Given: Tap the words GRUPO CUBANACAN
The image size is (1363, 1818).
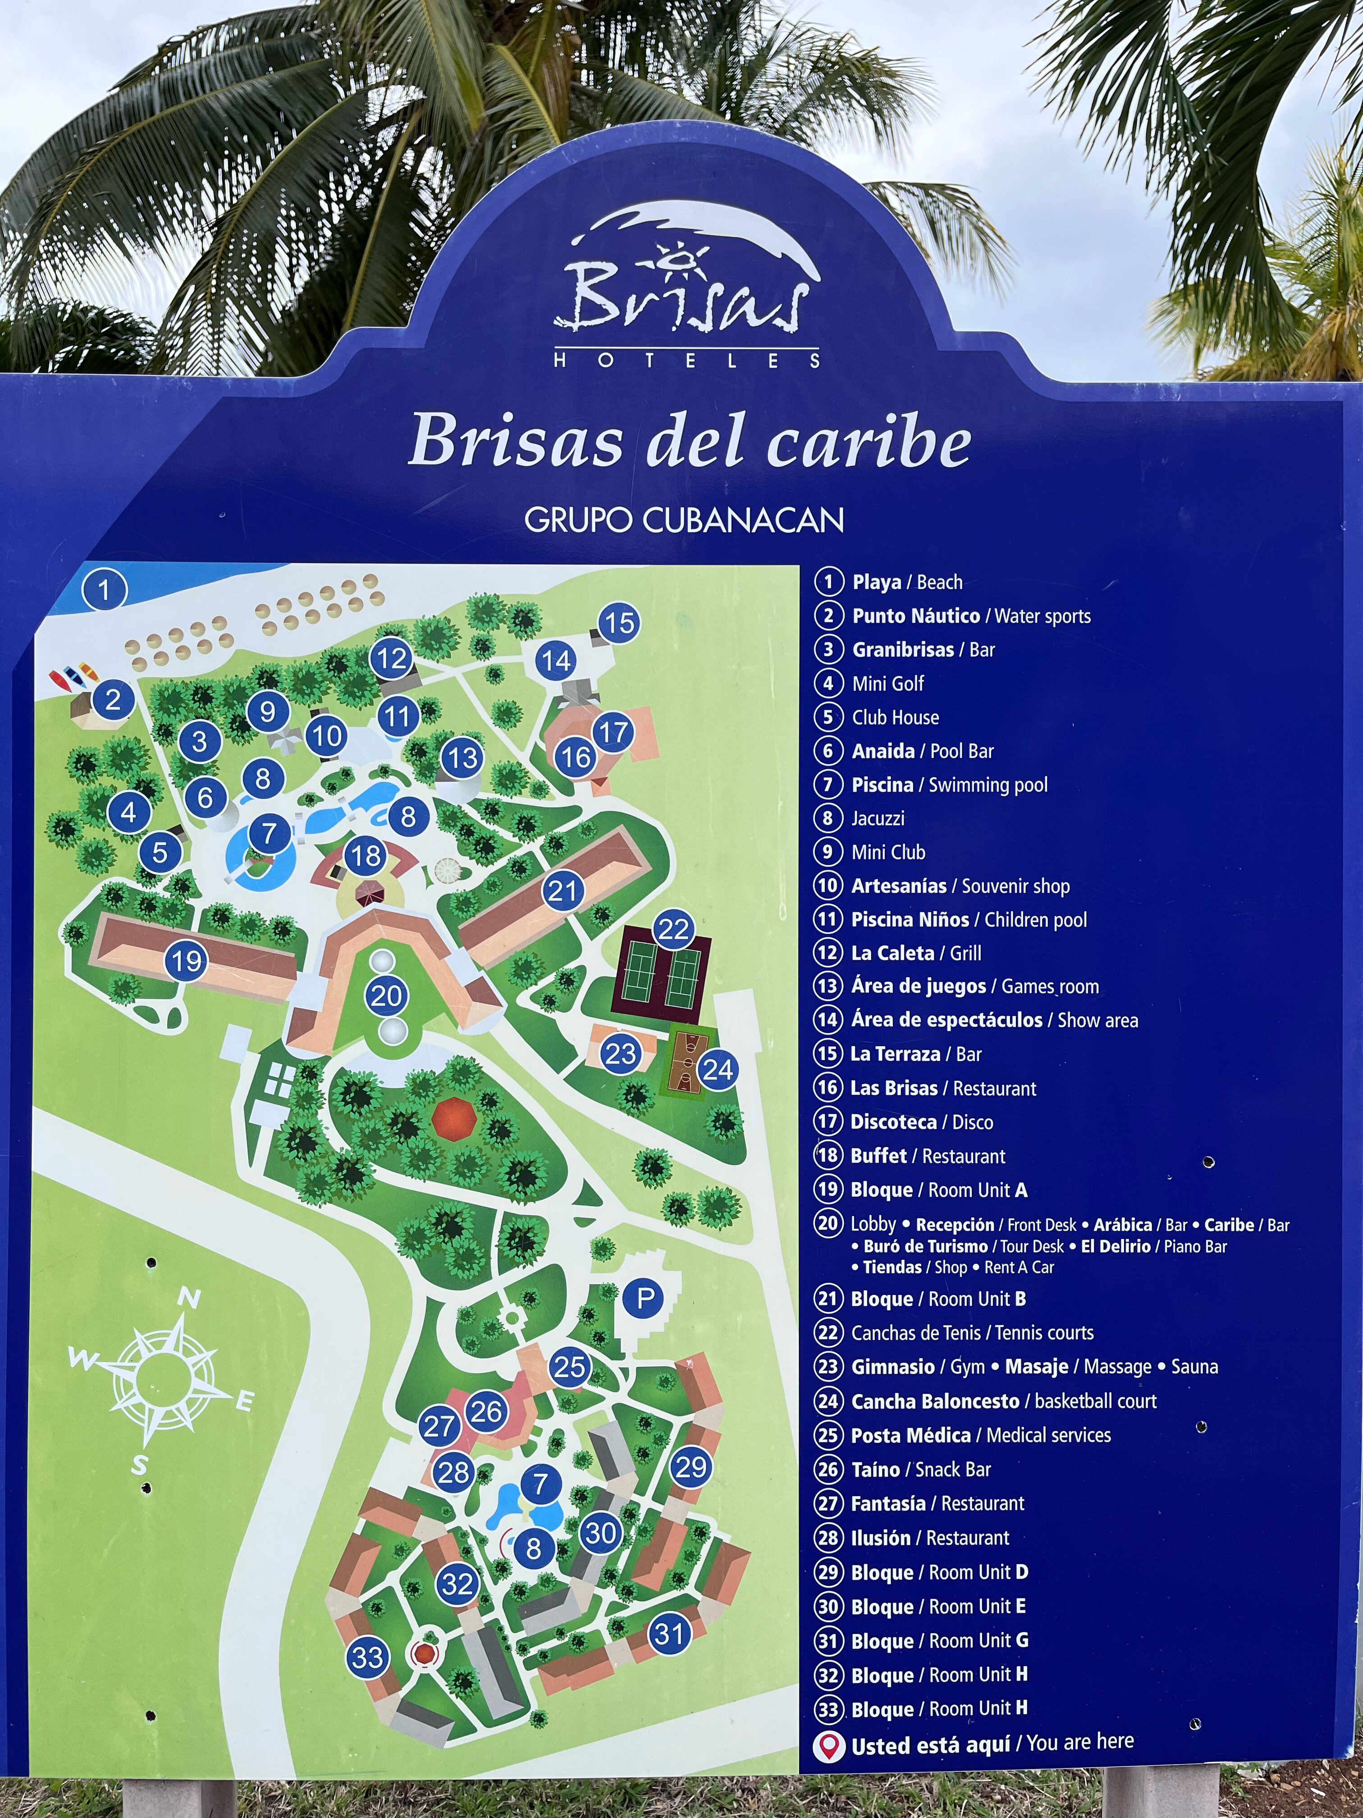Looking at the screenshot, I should click(684, 520).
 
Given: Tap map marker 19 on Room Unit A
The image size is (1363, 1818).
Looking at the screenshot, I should click(187, 960).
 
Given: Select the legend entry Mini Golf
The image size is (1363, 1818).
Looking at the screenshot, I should click(887, 683).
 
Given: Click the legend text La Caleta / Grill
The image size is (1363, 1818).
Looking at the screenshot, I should click(916, 953).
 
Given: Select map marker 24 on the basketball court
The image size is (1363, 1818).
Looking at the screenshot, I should click(717, 1069).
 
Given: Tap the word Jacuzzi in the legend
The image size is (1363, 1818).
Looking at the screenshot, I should click(878, 818).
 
